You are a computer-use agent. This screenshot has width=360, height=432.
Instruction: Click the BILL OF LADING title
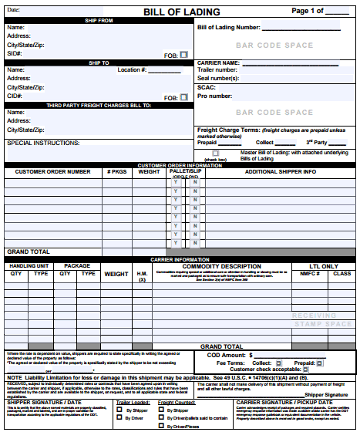click(x=181, y=12)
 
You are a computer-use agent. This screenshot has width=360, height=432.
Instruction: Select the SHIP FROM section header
click(x=98, y=21)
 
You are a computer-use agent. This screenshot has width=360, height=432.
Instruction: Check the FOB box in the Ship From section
click(x=183, y=55)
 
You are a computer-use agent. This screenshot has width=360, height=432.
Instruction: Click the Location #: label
click(x=133, y=70)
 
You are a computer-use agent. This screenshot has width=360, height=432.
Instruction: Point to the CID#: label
click(x=15, y=96)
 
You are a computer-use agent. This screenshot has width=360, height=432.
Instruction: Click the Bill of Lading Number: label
click(x=229, y=27)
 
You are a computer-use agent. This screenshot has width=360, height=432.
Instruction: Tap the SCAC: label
click(x=206, y=88)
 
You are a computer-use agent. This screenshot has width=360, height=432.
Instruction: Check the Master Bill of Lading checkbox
click(x=216, y=153)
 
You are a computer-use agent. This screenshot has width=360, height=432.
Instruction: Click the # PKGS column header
click(x=117, y=171)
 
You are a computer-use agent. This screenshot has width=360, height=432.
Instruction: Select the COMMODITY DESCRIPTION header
click(x=221, y=266)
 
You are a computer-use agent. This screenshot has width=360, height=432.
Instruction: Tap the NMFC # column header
click(x=309, y=273)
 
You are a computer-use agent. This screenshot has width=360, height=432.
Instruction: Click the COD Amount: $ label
click(x=229, y=355)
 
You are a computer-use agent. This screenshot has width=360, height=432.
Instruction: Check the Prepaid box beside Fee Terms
click(x=320, y=362)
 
